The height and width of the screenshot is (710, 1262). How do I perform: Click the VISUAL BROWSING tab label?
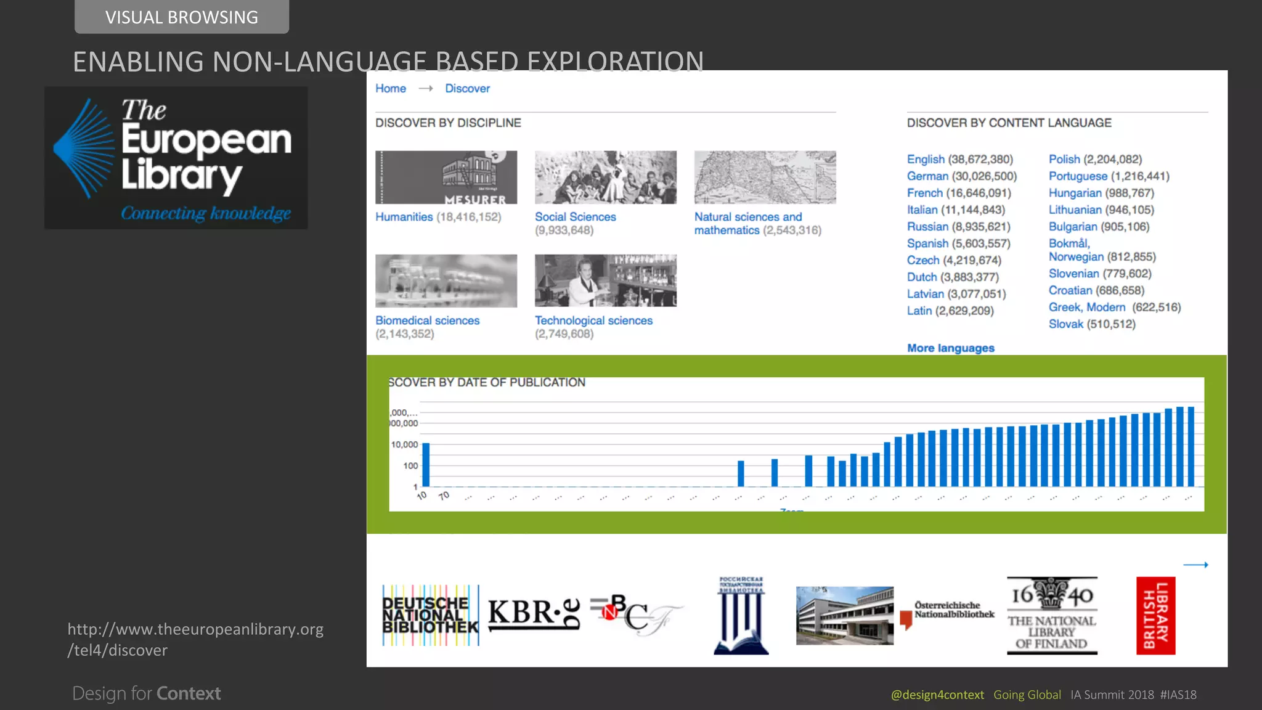tap(181, 17)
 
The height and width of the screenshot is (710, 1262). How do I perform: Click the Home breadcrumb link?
tap(390, 88)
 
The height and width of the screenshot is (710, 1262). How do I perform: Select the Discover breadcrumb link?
tap(467, 88)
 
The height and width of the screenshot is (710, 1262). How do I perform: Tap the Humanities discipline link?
tap(404, 217)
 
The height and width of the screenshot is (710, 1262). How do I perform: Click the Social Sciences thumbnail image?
tap(605, 177)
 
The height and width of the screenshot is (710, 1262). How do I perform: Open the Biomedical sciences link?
tap(427, 320)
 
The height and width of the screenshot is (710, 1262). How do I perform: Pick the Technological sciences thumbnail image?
tap(605, 280)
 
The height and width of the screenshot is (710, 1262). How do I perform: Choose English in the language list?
tap(925, 159)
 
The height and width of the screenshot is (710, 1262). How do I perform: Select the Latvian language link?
tap(925, 294)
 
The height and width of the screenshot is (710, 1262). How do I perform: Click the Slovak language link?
tap(1065, 324)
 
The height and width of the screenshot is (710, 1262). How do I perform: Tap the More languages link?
tap(950, 348)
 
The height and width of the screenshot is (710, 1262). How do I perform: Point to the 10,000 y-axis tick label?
tap(404, 444)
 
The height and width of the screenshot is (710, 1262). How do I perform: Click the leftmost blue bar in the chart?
tap(426, 465)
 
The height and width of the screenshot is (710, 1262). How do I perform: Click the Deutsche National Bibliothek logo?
tap(430, 615)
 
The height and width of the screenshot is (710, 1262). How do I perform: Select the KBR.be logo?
tap(534, 614)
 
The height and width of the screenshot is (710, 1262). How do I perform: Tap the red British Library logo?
tap(1155, 615)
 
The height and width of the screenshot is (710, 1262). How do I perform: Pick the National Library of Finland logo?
tap(1051, 615)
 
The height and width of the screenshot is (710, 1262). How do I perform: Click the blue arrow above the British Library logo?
tap(1195, 565)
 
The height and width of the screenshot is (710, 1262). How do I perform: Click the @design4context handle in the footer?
tap(937, 695)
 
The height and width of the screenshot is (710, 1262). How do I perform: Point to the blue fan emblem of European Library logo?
tap(85, 149)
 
